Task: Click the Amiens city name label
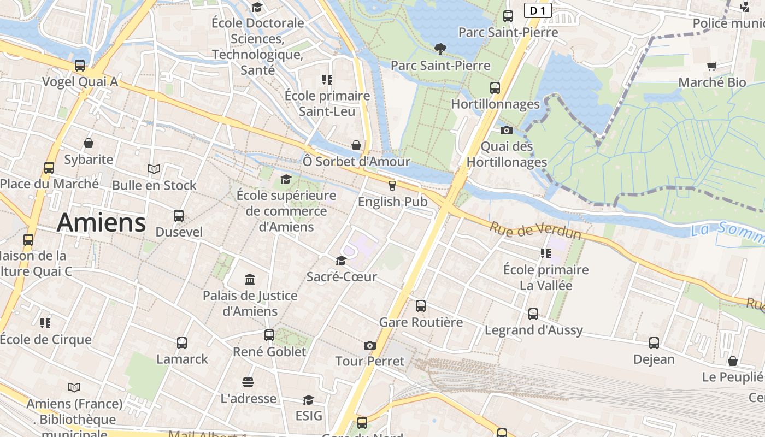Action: [101, 222]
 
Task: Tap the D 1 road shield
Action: [538, 10]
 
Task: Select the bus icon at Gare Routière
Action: [421, 306]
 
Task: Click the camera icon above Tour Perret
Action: [370, 345]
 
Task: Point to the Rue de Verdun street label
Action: [535, 231]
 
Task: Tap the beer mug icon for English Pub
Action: [392, 185]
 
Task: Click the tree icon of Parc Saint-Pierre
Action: [440, 49]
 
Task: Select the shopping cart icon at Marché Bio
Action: [711, 66]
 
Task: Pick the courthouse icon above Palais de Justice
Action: [250, 279]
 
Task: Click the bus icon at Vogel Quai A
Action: [80, 66]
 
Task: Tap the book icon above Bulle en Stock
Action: [154, 169]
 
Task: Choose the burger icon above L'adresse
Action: [248, 382]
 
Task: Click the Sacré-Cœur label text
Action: [342, 277]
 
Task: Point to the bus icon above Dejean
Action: [654, 343]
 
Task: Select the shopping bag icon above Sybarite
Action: [89, 143]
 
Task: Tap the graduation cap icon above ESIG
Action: [309, 400]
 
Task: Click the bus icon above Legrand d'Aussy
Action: [533, 314]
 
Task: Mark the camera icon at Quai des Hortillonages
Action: [507, 130]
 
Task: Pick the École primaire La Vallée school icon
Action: [545, 253]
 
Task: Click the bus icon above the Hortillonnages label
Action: [495, 87]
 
